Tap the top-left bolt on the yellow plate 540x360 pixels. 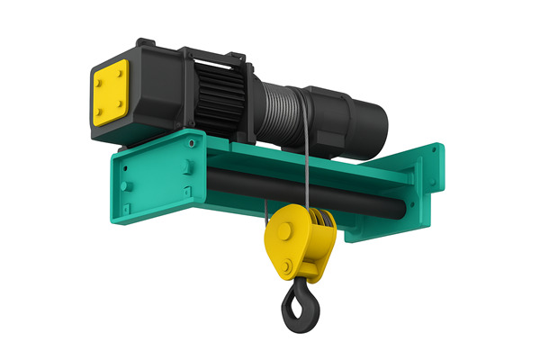coord(98,78)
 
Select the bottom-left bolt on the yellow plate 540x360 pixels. coord(98,112)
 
